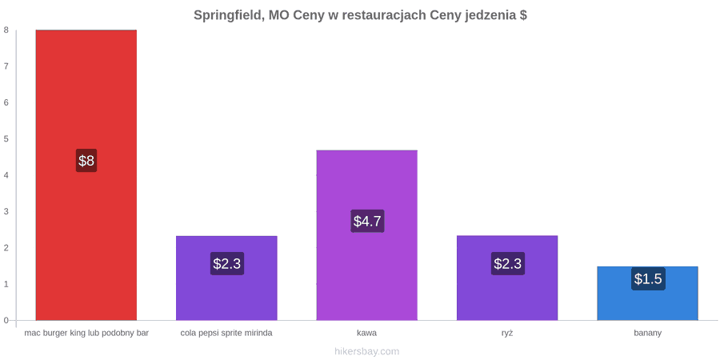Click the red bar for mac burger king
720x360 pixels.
tap(86, 175)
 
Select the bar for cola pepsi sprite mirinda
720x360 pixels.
tap(227, 278)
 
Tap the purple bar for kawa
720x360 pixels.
tap(367, 235)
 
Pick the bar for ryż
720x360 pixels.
tap(507, 278)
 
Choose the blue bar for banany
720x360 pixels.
tap(648, 294)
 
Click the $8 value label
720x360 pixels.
tap(86, 161)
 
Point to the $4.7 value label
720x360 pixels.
tap(367, 221)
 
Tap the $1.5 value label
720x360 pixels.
tap(648, 278)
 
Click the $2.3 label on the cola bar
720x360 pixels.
tap(227, 263)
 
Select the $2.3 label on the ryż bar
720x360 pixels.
tap(508, 263)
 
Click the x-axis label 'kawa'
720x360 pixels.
tap(367, 334)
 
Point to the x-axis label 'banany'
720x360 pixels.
tap(648, 334)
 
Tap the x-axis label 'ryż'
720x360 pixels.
tap(507, 334)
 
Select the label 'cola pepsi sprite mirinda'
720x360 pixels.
tap(226, 334)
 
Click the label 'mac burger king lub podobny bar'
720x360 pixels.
tap(86, 334)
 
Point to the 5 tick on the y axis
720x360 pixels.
tap(6, 138)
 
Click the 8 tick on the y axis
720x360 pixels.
tap(6, 30)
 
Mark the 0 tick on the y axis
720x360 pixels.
tap(6, 320)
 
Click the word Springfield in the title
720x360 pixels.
tap(228, 15)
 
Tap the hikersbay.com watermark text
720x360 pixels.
tap(367, 352)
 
